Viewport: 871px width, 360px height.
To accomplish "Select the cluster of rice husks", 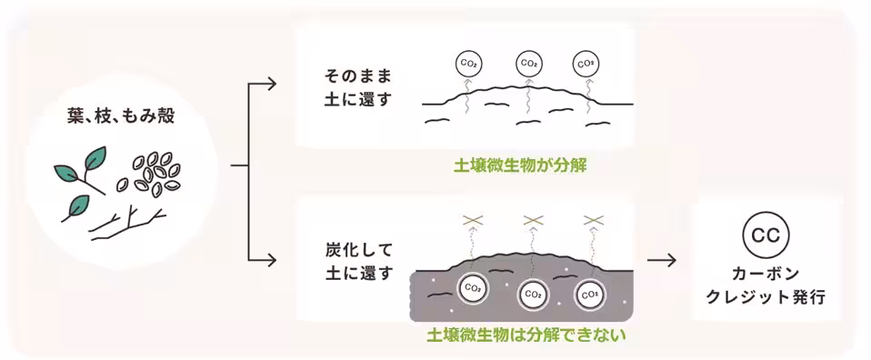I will (x=156, y=172).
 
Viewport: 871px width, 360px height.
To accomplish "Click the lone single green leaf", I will (x=75, y=206).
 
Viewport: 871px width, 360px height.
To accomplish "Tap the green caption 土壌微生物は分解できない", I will (x=527, y=335).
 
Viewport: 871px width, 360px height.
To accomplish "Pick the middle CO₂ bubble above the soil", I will (x=528, y=64).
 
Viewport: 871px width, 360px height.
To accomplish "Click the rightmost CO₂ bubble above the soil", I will (x=586, y=64).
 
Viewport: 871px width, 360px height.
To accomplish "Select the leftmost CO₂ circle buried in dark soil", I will (x=473, y=287).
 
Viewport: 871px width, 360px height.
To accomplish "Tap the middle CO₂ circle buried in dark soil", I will (x=534, y=294).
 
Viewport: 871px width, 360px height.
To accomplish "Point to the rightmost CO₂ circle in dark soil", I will (x=589, y=294).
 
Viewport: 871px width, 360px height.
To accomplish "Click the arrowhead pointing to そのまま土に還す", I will (x=270, y=86).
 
